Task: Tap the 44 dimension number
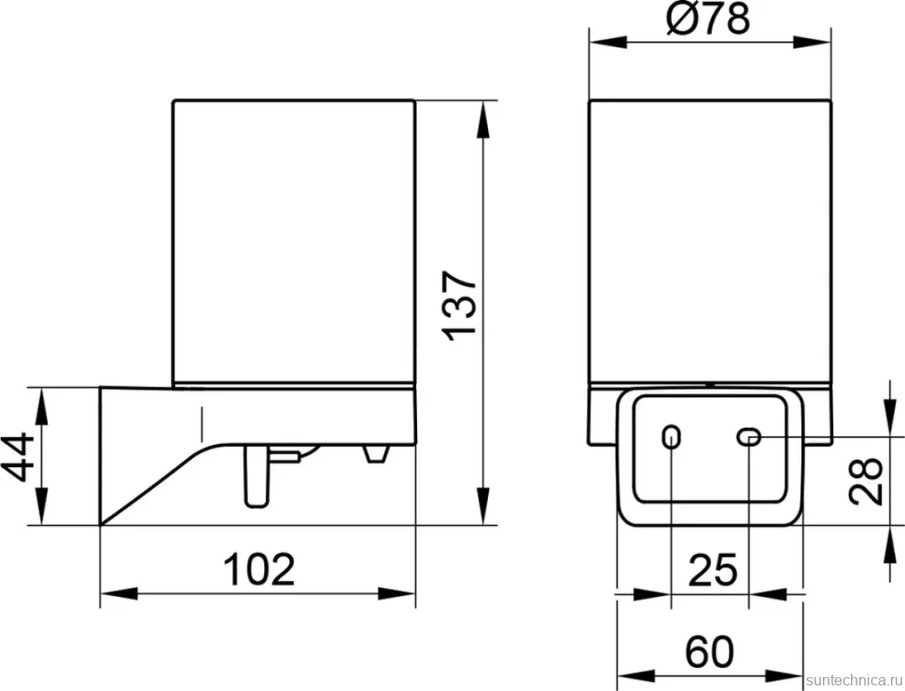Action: point(21,456)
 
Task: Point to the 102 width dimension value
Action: point(258,569)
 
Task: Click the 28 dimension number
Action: point(867,481)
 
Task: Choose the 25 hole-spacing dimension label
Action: point(713,570)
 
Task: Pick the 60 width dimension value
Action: point(710,652)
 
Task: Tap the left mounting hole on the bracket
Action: point(671,436)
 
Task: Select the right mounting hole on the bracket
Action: point(749,437)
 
